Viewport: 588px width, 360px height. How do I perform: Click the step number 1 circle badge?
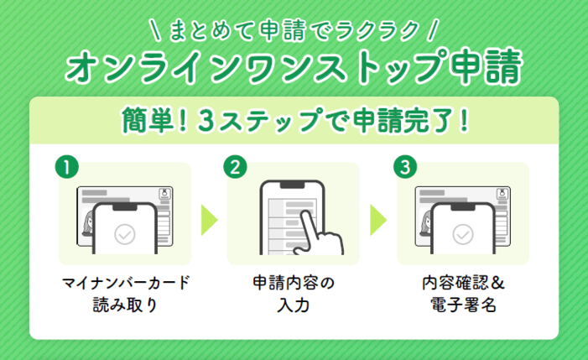(x=67, y=167)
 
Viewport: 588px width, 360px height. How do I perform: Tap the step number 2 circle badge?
(x=235, y=167)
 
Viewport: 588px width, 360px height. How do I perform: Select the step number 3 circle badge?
(x=405, y=167)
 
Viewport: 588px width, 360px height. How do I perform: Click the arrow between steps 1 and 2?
(x=209, y=220)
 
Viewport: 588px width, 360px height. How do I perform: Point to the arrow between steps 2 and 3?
(x=378, y=220)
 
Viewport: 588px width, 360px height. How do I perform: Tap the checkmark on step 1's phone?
(x=124, y=234)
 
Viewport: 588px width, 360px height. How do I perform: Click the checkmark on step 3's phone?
(x=463, y=234)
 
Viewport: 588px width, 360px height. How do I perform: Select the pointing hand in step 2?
(x=318, y=233)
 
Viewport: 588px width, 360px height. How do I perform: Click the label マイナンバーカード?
(x=126, y=283)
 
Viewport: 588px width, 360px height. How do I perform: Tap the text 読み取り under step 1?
(x=125, y=305)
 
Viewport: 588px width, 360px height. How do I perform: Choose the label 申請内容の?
(x=294, y=283)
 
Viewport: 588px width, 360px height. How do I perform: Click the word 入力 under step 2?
(x=294, y=305)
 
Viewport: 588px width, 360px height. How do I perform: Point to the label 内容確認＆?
(x=463, y=283)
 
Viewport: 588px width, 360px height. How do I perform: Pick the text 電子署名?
(x=463, y=305)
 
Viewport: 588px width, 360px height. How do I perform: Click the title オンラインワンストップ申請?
(x=294, y=67)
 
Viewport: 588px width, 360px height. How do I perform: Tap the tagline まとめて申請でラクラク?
(x=294, y=31)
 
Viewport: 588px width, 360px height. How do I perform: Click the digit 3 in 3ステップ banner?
(x=206, y=121)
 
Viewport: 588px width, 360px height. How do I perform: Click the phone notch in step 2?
(x=292, y=185)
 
